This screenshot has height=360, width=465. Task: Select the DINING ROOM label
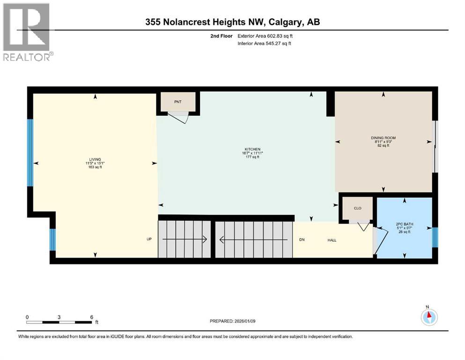point(384,138)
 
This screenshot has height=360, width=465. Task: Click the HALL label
point(332,240)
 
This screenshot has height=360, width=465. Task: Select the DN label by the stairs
point(302,240)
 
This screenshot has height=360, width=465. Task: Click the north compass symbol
point(428,317)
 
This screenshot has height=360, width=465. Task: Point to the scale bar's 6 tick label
point(92,317)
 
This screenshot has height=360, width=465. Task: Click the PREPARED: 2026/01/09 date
point(234,321)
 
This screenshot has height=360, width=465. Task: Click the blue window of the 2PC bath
point(435,237)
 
